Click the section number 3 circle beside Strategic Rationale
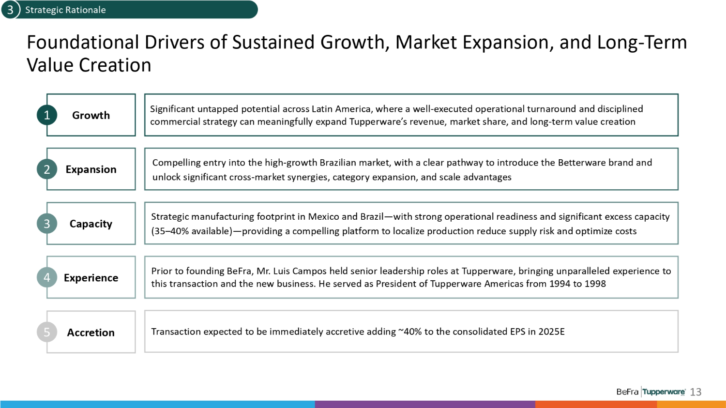[x=10, y=9]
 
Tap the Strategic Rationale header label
[x=65, y=10]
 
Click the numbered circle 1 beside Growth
[x=47, y=115]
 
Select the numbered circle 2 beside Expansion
[x=47, y=169]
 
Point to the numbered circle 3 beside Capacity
[x=47, y=223]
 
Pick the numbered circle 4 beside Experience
[x=47, y=277]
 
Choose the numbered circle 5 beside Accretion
[x=47, y=332]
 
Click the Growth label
[x=91, y=115]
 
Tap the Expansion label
[x=91, y=169]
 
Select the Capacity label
[x=91, y=224]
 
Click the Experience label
[x=91, y=278]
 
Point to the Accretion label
[x=91, y=332]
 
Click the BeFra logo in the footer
[x=627, y=392]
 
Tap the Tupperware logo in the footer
[x=664, y=392]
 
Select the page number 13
[x=696, y=392]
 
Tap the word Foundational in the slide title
[x=83, y=42]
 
